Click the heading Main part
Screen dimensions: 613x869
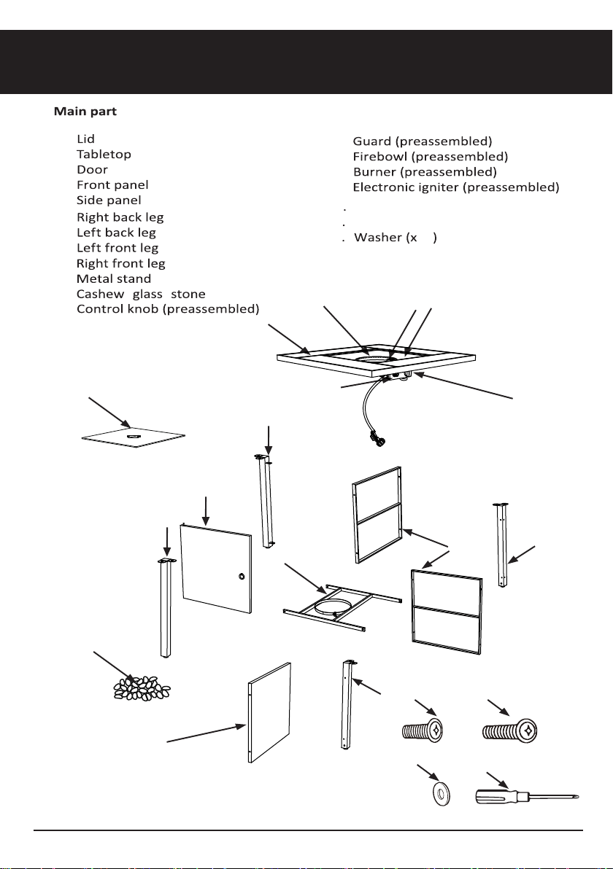(85, 112)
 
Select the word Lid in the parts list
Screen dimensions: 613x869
(85, 139)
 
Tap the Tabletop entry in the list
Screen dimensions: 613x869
(104, 154)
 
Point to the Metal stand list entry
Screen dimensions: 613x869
(114, 278)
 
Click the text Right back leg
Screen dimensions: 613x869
(120, 217)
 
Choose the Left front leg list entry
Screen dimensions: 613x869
(117, 248)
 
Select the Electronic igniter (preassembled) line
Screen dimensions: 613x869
(456, 187)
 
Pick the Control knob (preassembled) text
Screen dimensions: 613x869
(168, 308)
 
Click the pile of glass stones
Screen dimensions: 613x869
(142, 687)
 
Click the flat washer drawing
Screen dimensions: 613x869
(441, 793)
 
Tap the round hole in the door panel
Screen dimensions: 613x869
(242, 577)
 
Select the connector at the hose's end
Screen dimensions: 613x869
(377, 441)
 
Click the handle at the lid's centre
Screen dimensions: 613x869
(133, 437)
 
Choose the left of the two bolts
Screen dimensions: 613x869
(423, 730)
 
